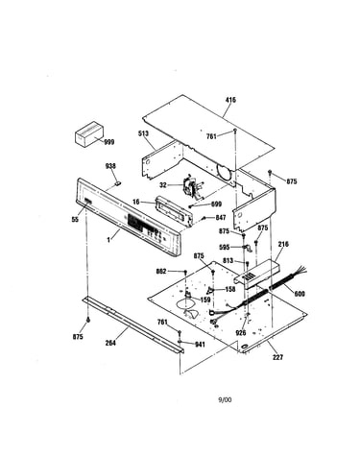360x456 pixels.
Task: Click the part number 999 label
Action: pos(109,142)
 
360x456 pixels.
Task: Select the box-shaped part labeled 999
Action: pos(89,134)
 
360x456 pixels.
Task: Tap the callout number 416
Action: pos(230,100)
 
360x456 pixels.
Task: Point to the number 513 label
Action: pos(143,133)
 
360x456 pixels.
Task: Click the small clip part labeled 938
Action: pos(118,183)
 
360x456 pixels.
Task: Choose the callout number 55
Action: pos(75,220)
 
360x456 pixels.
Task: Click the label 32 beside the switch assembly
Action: pos(163,185)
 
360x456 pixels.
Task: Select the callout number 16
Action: pos(136,202)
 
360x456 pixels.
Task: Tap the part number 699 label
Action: pos(216,204)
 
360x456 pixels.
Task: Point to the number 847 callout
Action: pos(221,218)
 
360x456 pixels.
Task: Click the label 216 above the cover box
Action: pos(283,244)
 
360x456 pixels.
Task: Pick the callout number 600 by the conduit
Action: pos(300,294)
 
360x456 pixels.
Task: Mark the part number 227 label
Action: pos(277,357)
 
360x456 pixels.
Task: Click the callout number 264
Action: pos(110,343)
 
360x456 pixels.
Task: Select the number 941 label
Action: pos(200,345)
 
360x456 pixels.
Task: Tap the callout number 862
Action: pos(161,272)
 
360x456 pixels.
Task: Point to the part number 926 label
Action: pos(241,333)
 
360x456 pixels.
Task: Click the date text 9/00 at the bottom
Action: pos(225,399)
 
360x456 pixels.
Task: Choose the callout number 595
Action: pos(225,247)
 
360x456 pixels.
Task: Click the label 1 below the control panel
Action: pos(108,240)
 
